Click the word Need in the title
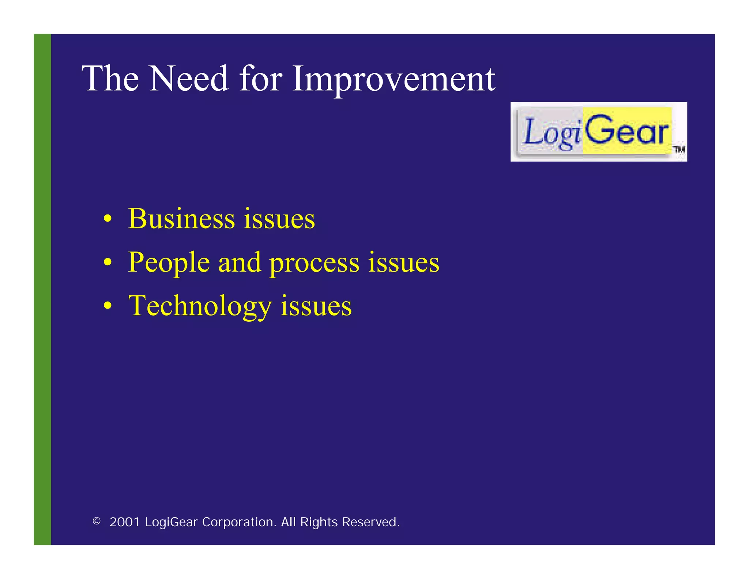[189, 78]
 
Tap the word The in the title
[110, 78]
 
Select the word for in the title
[260, 78]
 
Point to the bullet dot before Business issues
[107, 219]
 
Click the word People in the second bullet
[169, 263]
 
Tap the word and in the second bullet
[240, 262]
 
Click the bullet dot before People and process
[107, 262]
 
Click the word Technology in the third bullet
[200, 306]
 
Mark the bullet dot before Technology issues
[107, 306]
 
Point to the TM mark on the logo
[679, 149]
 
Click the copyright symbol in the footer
[97, 521]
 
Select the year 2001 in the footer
[125, 522]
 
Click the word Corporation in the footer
[239, 522]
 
